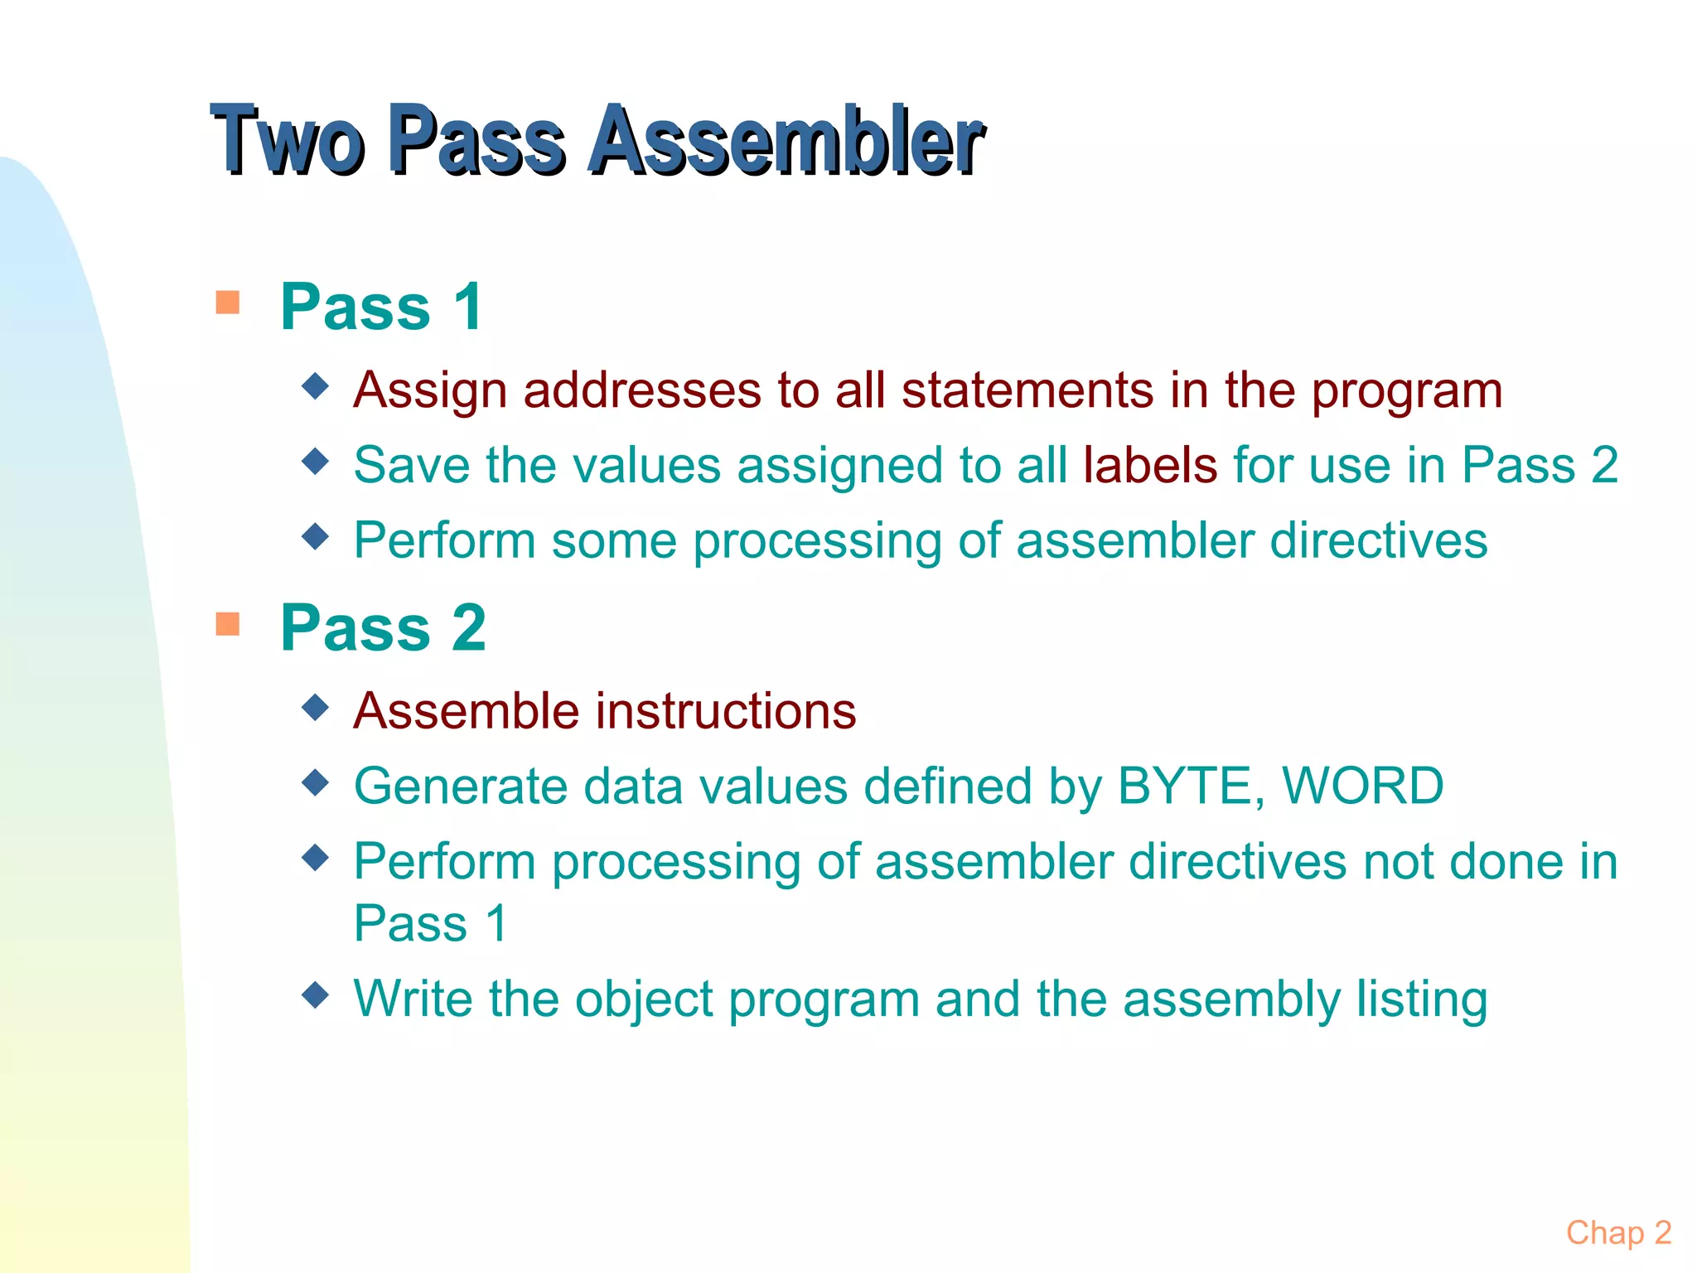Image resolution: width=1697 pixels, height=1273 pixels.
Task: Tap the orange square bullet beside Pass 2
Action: pyautogui.click(x=227, y=623)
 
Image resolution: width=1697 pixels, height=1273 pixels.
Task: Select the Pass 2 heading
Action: pyautogui.click(x=383, y=627)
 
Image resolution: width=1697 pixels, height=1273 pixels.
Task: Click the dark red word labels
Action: pyautogui.click(x=1149, y=464)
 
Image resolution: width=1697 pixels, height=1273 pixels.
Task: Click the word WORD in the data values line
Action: pyautogui.click(x=1362, y=786)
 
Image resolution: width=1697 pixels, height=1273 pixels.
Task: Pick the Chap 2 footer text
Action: pyautogui.click(x=1618, y=1232)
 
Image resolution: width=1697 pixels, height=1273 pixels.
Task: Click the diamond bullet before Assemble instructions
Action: pyautogui.click(x=316, y=708)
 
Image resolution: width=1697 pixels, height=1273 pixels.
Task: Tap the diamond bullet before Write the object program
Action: pyautogui.click(x=316, y=994)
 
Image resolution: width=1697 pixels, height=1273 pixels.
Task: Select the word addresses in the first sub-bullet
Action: pyautogui.click(x=641, y=390)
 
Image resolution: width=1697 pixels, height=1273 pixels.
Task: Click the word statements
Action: pyautogui.click(x=1027, y=390)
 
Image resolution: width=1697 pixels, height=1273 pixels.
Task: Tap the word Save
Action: pyautogui.click(x=412, y=464)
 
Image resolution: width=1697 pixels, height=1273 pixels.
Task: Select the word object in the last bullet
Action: pyautogui.click(x=644, y=999)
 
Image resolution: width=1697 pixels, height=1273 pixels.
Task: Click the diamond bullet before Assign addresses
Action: pyautogui.click(x=316, y=385)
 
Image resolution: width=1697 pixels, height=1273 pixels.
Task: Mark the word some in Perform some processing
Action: pyautogui.click(x=614, y=540)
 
